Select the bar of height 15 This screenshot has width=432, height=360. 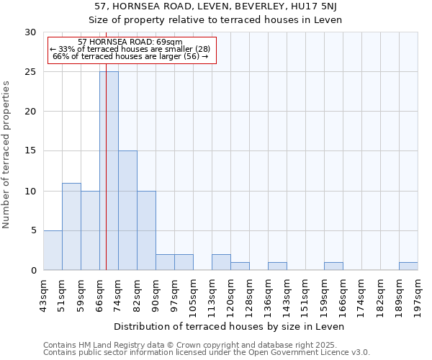127,210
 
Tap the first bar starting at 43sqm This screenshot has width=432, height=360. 53,250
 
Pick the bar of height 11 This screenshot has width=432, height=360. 71,226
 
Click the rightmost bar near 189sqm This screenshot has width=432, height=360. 408,266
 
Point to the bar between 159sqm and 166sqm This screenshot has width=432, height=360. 333,266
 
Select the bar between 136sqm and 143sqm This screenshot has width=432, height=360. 277,266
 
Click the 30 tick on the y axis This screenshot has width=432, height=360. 30,32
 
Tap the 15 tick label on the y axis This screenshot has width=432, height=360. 30,151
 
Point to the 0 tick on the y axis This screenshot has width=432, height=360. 33,270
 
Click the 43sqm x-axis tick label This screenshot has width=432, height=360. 43,292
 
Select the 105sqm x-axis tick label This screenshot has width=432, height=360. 193,293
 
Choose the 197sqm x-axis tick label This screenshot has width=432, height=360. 418,293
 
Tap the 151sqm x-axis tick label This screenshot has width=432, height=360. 305,293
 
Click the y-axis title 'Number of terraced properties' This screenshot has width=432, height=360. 7,154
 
